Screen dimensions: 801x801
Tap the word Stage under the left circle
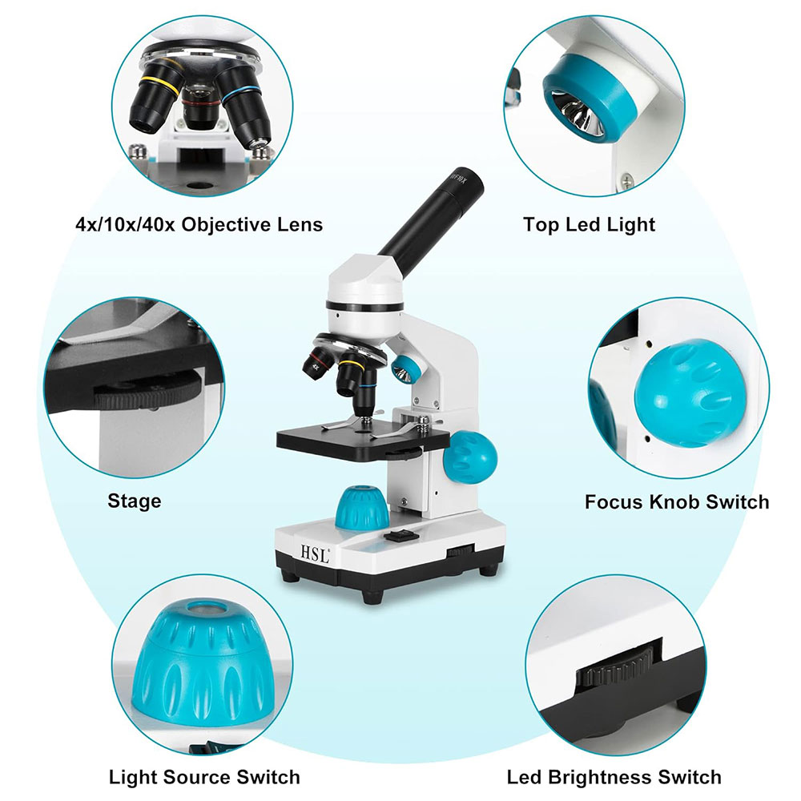pos(135,501)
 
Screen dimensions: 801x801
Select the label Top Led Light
pos(589,225)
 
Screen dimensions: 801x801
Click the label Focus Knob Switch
pos(677,501)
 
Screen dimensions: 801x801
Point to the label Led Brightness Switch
pos(614,777)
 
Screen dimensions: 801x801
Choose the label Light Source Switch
pos(204,777)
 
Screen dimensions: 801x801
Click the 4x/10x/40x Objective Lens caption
pos(199,225)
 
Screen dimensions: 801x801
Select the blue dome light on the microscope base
pos(362,508)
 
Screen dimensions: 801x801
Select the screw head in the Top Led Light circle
pos(626,179)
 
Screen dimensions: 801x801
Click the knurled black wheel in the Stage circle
pos(148,390)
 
